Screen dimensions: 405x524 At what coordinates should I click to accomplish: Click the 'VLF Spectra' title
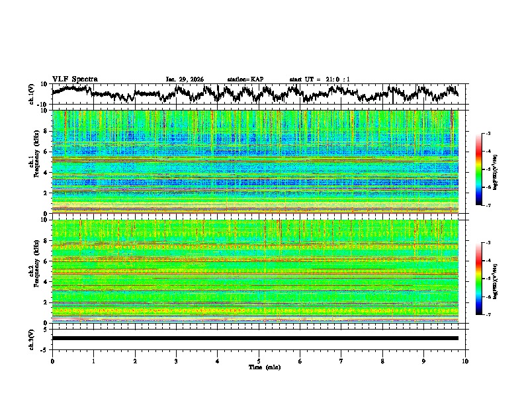[75, 79]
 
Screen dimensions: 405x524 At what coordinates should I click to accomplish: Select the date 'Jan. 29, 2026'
[184, 79]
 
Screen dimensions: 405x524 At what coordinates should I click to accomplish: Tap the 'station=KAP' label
[245, 79]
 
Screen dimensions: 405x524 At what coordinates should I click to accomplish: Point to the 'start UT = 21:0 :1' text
[320, 79]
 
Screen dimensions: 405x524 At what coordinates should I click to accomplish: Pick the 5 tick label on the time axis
[259, 361]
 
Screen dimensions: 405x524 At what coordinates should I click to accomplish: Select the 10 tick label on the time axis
[465, 361]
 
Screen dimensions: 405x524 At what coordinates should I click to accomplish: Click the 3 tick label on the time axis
[176, 361]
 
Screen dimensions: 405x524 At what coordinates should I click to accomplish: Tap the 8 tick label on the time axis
[382, 361]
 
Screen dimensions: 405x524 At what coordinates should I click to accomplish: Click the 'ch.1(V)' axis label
[31, 94]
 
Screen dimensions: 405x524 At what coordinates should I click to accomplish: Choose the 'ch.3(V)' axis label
[31, 338]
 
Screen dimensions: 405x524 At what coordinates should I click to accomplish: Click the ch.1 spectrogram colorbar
[486, 169]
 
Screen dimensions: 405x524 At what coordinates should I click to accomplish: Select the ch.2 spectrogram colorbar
[486, 279]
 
